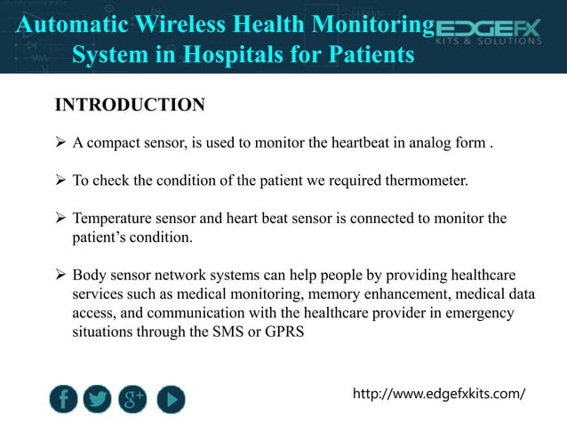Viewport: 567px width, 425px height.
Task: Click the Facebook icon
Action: (63, 399)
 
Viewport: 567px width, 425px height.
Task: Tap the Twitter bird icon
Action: (98, 399)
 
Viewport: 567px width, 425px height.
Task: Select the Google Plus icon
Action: (134, 399)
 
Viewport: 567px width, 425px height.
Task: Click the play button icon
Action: (171, 399)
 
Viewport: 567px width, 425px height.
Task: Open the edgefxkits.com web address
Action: (439, 392)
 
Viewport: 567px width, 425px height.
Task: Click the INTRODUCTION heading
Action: (130, 106)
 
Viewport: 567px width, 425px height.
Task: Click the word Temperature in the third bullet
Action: (112, 219)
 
